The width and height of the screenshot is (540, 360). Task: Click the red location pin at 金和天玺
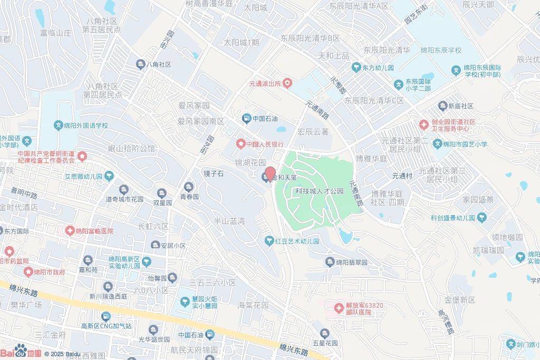[269, 173]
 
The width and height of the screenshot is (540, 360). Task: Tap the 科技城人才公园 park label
[319, 191]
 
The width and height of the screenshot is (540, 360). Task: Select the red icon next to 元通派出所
[287, 83]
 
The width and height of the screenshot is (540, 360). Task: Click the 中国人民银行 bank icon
[240, 144]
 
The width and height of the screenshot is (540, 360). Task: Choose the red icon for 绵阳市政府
[28, 272]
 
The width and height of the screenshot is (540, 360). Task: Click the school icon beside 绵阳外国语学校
[60, 125]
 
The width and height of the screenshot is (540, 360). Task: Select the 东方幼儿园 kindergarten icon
[356, 68]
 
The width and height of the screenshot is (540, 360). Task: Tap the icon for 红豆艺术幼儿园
[269, 241]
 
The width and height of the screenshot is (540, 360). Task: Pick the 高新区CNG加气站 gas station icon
[106, 316]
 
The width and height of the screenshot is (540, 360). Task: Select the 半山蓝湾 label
[229, 221]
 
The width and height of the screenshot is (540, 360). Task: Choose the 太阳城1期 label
[242, 43]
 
